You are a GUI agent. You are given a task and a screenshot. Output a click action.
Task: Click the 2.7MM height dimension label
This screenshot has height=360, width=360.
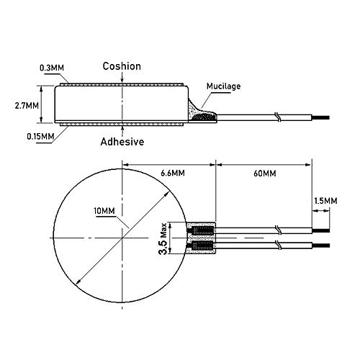[x=27, y=106]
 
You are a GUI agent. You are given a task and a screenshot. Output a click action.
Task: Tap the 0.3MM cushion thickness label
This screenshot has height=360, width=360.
[x=52, y=68]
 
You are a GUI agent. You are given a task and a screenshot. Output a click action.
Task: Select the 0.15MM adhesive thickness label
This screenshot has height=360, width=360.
[x=40, y=137]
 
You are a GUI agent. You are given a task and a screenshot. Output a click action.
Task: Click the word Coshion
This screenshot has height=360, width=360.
[x=122, y=66]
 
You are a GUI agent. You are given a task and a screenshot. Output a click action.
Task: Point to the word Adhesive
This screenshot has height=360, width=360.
[x=122, y=142]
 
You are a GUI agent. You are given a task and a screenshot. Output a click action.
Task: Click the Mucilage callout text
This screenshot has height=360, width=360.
[x=223, y=86]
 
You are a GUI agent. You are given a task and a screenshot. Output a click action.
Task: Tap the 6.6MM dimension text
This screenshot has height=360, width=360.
[x=173, y=173]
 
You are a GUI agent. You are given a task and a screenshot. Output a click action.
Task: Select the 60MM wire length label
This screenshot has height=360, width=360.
[x=265, y=174]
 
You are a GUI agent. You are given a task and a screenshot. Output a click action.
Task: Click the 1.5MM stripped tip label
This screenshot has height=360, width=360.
[x=325, y=201]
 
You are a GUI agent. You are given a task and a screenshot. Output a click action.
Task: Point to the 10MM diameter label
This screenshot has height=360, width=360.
[x=104, y=211]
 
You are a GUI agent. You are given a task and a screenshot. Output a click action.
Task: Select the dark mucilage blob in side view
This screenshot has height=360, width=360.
[x=204, y=117]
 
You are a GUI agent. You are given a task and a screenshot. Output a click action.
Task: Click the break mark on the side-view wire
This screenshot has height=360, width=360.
[x=278, y=117]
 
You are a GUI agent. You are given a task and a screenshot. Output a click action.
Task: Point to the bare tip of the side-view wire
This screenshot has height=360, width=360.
[x=321, y=117]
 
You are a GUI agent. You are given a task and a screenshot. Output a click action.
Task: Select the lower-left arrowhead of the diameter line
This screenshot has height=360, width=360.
[x=78, y=282]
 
